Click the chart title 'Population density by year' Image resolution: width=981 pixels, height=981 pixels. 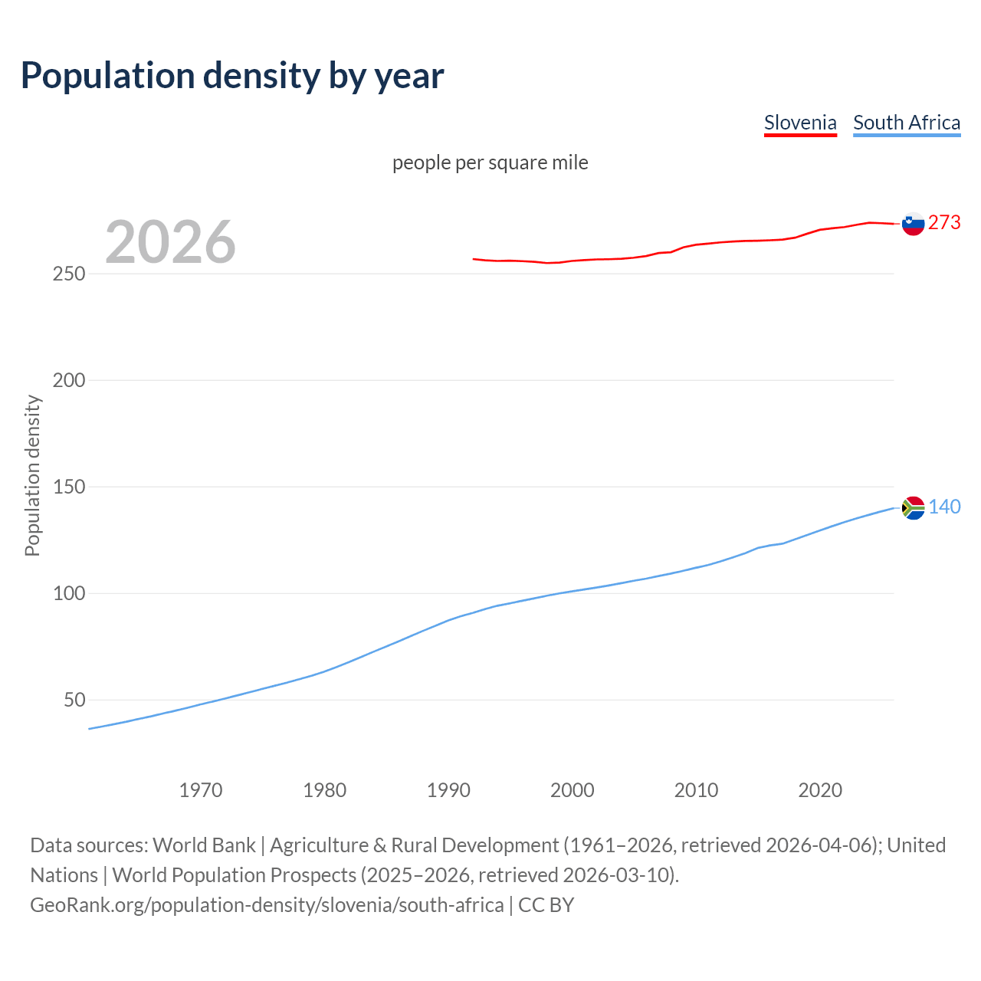click(232, 76)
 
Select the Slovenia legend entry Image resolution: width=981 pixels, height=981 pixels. click(800, 123)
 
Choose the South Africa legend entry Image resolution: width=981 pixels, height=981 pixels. click(907, 123)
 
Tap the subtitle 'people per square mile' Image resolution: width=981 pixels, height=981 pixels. click(490, 162)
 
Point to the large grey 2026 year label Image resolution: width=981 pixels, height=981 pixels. click(170, 242)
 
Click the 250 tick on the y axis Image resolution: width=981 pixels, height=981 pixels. click(69, 274)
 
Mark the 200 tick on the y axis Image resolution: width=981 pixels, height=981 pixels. click(69, 380)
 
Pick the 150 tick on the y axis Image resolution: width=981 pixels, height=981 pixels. click(69, 487)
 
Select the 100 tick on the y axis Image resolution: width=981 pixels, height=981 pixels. click(69, 593)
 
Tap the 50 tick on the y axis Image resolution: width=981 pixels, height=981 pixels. click(74, 700)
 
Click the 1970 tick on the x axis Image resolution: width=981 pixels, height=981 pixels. click(201, 790)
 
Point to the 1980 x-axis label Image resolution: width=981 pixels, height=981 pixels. click(325, 790)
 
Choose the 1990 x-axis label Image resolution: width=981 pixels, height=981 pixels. click(448, 790)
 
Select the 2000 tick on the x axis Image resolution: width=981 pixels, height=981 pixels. click(573, 790)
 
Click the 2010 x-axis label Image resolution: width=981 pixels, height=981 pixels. click(696, 790)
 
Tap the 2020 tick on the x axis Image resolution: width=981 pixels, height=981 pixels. click(820, 790)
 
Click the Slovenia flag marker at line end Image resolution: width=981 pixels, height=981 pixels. click(913, 223)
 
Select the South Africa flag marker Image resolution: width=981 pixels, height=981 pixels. click(914, 507)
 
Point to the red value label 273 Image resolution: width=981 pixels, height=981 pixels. click(944, 222)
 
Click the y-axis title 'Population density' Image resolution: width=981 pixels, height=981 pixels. click(32, 475)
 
